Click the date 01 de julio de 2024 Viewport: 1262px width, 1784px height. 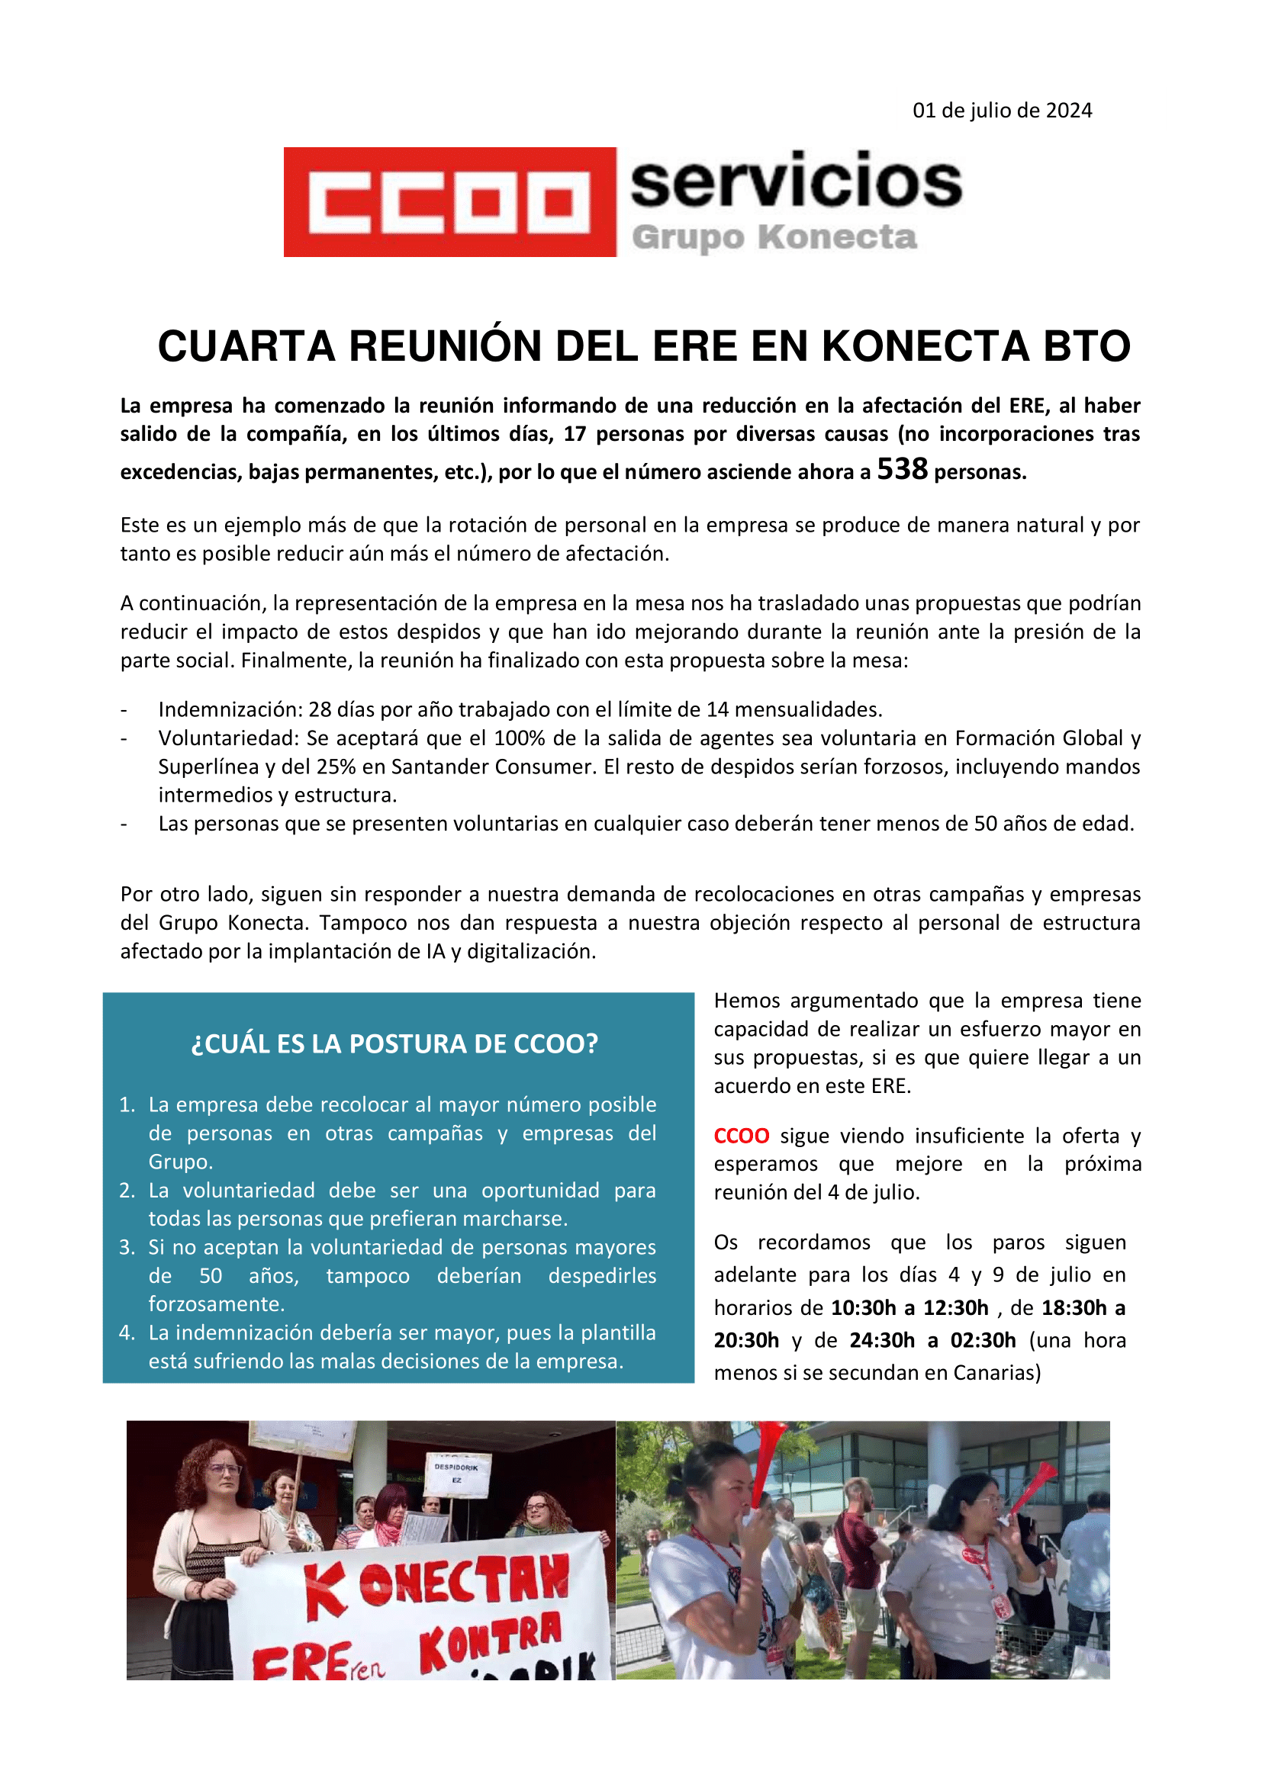(1002, 111)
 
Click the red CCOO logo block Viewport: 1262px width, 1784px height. (449, 202)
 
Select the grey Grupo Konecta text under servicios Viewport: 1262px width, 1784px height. (774, 237)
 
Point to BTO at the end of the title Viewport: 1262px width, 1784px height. (1086, 346)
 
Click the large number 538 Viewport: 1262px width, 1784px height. (902, 468)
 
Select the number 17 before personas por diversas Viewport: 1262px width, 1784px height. (575, 433)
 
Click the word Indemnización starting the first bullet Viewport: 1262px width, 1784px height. (229, 709)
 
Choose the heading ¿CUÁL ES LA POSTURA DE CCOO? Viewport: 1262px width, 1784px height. (394, 1043)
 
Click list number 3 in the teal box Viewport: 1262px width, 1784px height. (127, 1248)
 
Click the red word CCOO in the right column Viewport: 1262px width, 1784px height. (742, 1136)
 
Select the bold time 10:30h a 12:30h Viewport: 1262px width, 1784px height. (909, 1309)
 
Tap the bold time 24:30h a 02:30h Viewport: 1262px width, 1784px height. (932, 1341)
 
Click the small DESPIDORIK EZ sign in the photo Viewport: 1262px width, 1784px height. (456, 1474)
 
